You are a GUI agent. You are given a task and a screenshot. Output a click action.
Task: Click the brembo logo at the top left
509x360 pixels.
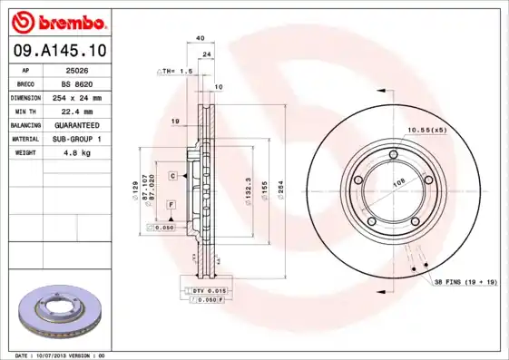pos(62,21)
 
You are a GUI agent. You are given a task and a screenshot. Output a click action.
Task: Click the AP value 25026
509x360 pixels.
pos(75,69)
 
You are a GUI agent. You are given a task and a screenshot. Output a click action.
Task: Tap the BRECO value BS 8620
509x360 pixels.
pos(75,83)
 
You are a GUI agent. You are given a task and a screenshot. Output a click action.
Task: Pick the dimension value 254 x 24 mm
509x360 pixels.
pos(75,97)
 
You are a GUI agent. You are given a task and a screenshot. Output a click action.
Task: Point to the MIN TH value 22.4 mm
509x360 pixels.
pos(75,111)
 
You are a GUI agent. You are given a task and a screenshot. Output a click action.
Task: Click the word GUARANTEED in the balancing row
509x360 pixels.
pos(75,124)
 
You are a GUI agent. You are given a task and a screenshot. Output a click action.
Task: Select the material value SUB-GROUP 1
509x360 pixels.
pos(75,139)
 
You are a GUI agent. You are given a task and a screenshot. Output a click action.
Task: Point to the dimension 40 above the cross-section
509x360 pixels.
pos(200,38)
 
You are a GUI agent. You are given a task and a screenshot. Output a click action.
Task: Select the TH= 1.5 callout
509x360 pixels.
pos(179,70)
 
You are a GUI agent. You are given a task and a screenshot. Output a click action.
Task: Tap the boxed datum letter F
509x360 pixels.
pos(171,206)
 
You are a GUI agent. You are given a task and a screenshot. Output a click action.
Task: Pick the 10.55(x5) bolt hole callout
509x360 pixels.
pos(426,130)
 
